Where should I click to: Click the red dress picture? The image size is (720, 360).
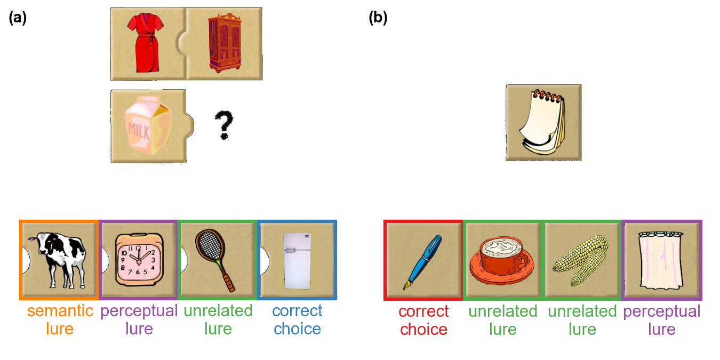coord(142,44)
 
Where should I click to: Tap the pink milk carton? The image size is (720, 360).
coord(148,126)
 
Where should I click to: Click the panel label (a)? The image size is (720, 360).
coord(18,18)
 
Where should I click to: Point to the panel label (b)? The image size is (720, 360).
coord(378,18)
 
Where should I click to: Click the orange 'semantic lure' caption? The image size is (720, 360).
coord(60,319)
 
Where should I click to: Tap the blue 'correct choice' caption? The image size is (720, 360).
coord(297,319)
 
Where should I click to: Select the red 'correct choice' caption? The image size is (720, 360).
coord(423,319)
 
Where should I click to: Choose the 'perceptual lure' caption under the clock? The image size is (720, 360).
coord(139,319)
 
